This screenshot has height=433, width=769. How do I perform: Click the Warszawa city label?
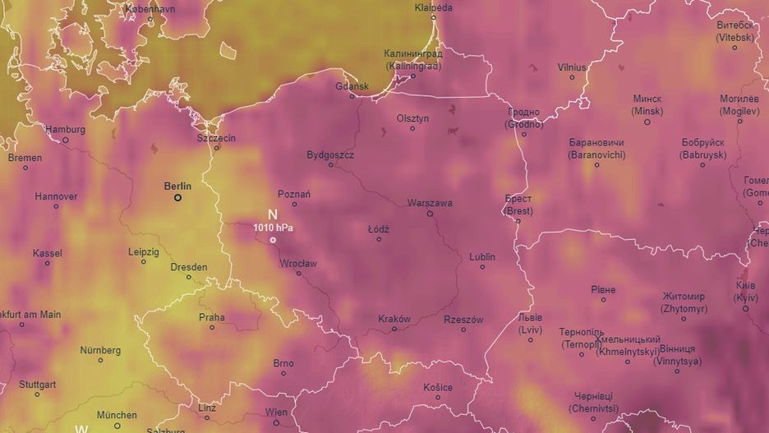coord(430,203)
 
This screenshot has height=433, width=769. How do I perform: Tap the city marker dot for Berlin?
coord(177,197)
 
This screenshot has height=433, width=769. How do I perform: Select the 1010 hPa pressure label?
coord(274,227)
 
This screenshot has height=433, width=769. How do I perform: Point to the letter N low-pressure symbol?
coord(272,214)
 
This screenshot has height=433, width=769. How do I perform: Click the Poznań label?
coord(294,194)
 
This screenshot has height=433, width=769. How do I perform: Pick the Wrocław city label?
coord(297,264)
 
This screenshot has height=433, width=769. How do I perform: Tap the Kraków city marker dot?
coord(394,329)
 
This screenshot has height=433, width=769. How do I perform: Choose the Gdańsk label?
coord(352,85)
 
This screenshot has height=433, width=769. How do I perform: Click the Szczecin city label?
coord(216,138)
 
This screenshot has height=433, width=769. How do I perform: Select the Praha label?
coord(211,317)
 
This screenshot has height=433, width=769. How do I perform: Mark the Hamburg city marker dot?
coord(66,140)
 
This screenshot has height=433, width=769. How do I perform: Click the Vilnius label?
coord(572,67)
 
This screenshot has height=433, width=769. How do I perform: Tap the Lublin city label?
coord(482,256)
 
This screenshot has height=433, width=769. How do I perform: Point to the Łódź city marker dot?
coord(379,239)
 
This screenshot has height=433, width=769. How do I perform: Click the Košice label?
coord(438,387)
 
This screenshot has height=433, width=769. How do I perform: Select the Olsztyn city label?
coord(412,118)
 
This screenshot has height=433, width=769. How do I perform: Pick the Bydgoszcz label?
coord(330,154)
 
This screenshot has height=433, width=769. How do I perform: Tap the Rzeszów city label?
coord(463,320)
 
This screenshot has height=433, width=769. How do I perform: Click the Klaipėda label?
coord(433,7)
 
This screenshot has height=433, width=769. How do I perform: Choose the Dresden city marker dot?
coord(189,277)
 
